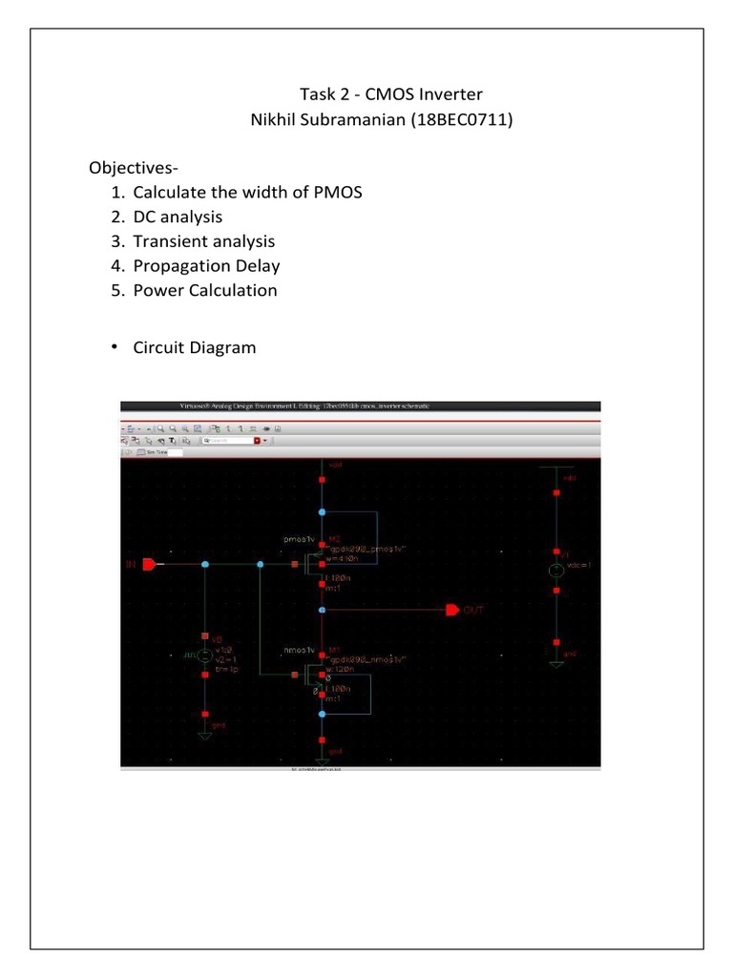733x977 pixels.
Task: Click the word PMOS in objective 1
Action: [x=338, y=193]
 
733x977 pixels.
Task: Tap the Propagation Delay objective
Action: [x=206, y=266]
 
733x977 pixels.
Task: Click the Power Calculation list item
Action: [x=205, y=290]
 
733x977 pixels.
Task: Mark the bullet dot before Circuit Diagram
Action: [x=114, y=346]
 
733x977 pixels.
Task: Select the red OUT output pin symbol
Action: [x=452, y=610]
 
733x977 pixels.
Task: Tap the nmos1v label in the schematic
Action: [x=299, y=652]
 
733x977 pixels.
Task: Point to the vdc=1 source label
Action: [x=581, y=566]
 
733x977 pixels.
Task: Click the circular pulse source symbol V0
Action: [x=204, y=655]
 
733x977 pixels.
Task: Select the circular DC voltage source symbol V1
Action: [x=555, y=571]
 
